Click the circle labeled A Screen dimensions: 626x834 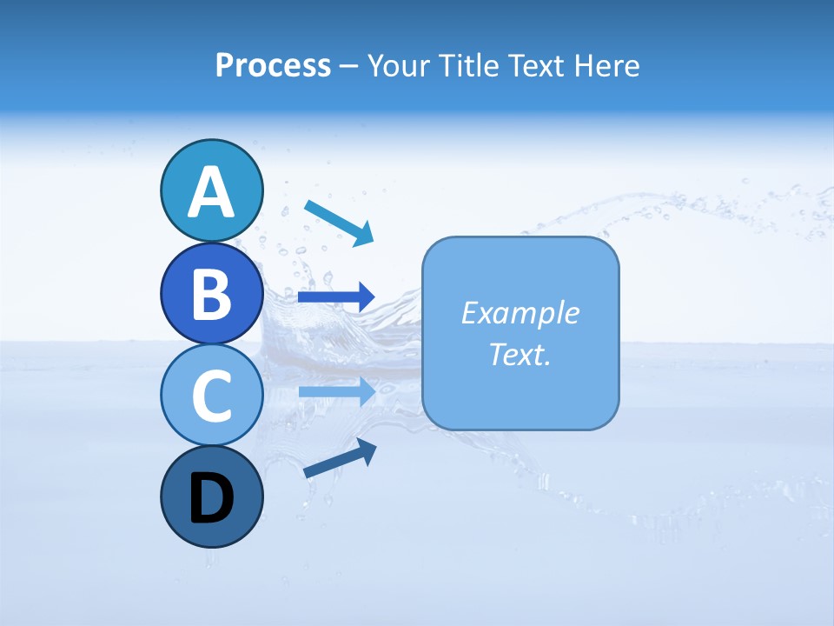pos(211,190)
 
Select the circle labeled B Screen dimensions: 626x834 pos(211,293)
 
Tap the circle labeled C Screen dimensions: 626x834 pos(211,395)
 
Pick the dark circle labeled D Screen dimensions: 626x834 pos(211,497)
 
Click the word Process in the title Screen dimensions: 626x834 pos(273,66)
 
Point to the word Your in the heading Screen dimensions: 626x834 pos(395,66)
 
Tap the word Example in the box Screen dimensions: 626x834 pos(520,313)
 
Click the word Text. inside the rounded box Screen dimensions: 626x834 pos(520,354)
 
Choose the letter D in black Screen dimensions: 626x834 pos(211,499)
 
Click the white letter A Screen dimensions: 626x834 pos(211,192)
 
